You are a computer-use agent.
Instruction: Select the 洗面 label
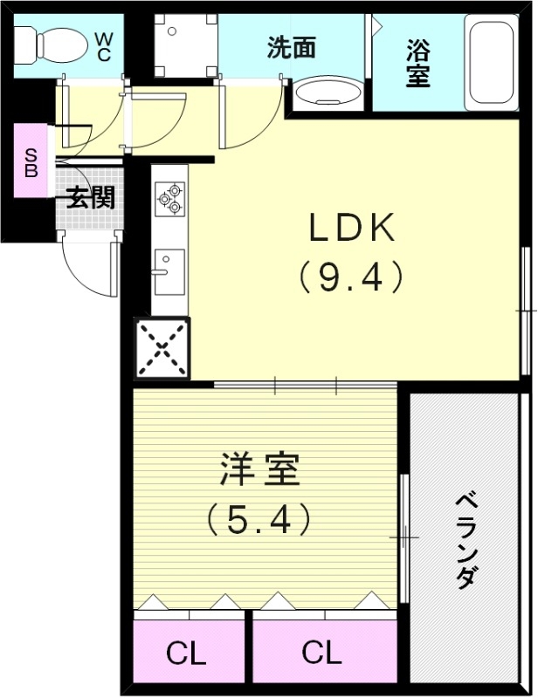click(291, 47)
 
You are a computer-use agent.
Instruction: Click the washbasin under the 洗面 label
click(327, 93)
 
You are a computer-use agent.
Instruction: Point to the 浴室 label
click(417, 63)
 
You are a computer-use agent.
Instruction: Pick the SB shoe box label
click(31, 162)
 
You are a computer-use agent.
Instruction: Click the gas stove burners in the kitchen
click(169, 198)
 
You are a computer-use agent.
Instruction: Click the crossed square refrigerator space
click(162, 347)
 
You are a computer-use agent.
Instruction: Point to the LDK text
click(351, 229)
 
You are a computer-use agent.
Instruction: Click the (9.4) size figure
click(350, 277)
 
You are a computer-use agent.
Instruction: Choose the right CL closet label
click(321, 652)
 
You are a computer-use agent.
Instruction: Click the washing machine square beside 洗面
click(183, 45)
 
